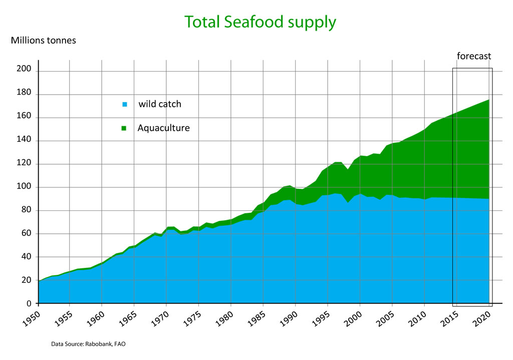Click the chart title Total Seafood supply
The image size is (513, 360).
(260, 22)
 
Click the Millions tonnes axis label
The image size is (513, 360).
(44, 40)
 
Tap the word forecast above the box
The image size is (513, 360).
(474, 56)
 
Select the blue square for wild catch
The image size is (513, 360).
(125, 105)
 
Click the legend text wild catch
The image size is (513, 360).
(160, 104)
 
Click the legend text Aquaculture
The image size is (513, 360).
(164, 128)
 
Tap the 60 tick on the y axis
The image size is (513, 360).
(26, 233)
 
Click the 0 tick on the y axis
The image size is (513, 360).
(29, 303)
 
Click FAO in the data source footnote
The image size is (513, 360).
(120, 344)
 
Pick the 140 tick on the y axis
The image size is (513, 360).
(24, 141)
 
